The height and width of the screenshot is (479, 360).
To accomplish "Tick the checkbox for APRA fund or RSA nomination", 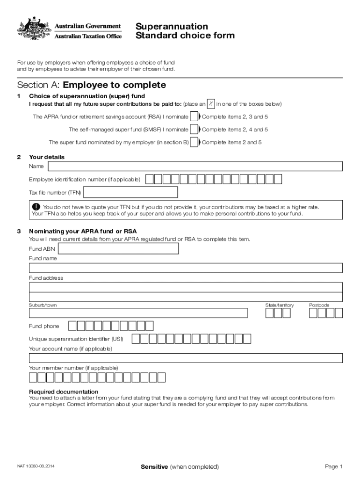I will [194, 116].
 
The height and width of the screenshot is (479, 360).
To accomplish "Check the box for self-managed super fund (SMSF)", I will [194, 130].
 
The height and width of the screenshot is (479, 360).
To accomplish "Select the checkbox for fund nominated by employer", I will [194, 142].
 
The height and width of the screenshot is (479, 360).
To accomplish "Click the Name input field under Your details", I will [195, 166].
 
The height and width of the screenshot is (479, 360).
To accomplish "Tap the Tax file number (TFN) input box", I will [130, 192].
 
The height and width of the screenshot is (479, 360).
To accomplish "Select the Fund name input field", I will [186, 268].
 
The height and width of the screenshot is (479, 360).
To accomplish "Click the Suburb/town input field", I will [138, 313].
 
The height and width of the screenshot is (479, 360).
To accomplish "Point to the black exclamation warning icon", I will [36, 207].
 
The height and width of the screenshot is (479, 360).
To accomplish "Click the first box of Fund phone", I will [72, 326].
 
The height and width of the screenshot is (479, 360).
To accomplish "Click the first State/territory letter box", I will [270, 313].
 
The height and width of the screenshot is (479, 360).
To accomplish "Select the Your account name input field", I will [186, 358].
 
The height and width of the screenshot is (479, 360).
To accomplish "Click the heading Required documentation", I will [64, 392].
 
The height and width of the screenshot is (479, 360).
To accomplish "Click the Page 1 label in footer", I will [334, 467].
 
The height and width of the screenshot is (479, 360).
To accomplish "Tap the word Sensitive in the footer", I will [154, 467].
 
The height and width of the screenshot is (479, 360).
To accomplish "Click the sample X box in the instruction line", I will [211, 103].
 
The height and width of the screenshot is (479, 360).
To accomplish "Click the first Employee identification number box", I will [149, 179].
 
